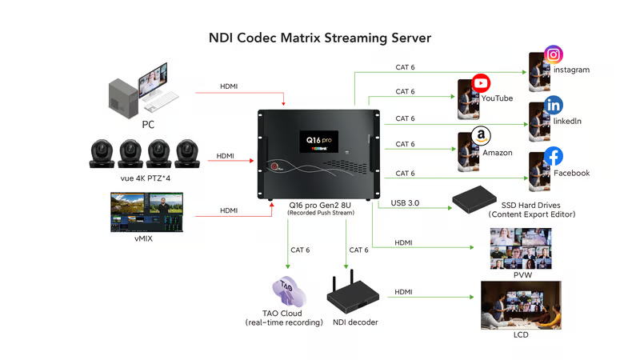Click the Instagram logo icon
(x=554, y=54)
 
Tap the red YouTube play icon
(x=481, y=82)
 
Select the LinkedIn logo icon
(x=554, y=106)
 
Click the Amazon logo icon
(x=481, y=134)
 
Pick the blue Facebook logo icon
(x=554, y=157)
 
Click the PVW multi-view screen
(x=521, y=248)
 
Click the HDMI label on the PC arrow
(x=230, y=86)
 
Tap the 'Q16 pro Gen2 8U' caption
(x=321, y=206)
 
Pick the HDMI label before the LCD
(x=405, y=293)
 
